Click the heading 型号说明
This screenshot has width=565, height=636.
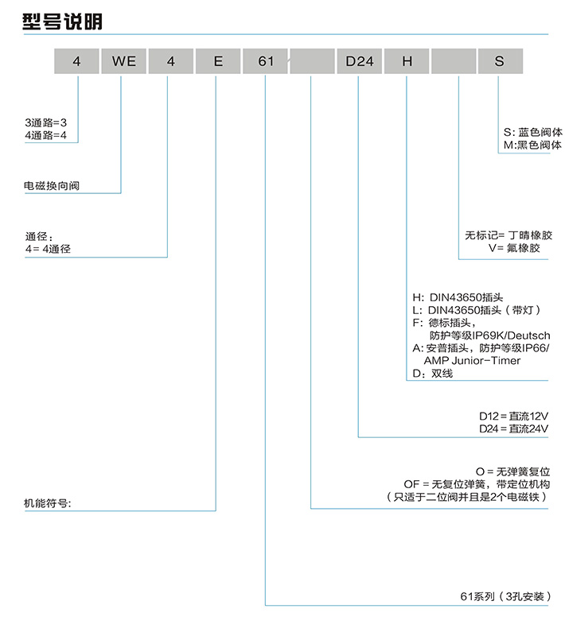click(x=62, y=21)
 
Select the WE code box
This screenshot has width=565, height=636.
click(x=124, y=61)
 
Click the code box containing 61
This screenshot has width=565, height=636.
click(x=265, y=61)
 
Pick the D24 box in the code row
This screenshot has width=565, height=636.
click(x=359, y=61)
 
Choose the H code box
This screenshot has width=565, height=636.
click(x=407, y=61)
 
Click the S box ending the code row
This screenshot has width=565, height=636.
click(x=500, y=61)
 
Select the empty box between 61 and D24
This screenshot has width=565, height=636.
click(x=312, y=61)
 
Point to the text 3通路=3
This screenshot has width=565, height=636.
click(x=46, y=123)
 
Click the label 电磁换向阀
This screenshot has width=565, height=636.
click(x=53, y=186)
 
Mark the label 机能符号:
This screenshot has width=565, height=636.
click(x=49, y=504)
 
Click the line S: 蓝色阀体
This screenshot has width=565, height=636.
click(x=532, y=133)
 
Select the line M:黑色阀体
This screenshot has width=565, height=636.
click(x=532, y=145)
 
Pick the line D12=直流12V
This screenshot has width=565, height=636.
click(x=514, y=416)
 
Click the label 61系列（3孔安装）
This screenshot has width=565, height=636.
click(x=505, y=597)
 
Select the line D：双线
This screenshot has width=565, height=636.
click(x=432, y=373)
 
